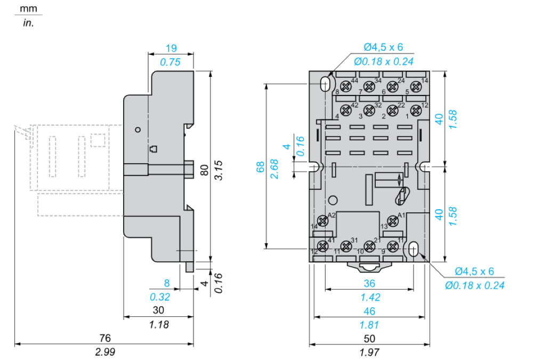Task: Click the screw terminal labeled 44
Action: [345, 86]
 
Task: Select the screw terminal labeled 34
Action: [369, 86]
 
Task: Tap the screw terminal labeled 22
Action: [393, 110]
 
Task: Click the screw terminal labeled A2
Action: [322, 220]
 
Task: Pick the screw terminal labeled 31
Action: [345, 246]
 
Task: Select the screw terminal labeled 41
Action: [322, 246]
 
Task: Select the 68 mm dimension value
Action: [260, 167]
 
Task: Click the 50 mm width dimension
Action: [369, 338]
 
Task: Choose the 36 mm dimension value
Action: [369, 283]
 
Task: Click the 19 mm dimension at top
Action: [171, 48]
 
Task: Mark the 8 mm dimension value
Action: [167, 283]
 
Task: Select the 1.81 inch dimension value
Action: [369, 324]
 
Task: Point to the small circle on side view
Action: [138, 130]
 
